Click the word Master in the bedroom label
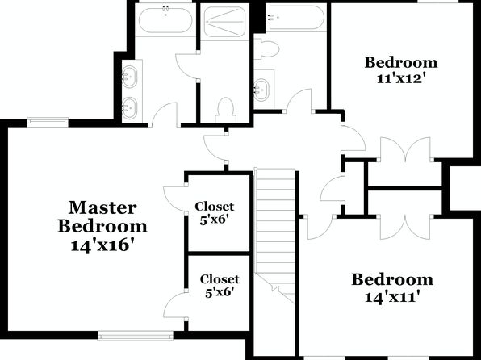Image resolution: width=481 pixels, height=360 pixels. tap(102, 207)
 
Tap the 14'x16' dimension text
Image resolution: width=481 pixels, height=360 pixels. tap(103, 245)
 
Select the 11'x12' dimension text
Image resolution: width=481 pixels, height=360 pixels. tap(401, 78)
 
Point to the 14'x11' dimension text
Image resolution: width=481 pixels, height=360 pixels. tap(392, 297)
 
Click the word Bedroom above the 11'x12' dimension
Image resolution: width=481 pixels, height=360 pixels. tap(401, 63)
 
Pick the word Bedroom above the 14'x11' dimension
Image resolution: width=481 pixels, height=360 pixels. tap(392, 279)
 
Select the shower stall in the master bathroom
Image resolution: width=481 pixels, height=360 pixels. tap(225, 22)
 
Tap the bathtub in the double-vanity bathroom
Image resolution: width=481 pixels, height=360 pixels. tap(165, 19)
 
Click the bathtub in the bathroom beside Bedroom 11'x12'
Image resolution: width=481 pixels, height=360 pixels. tap(296, 17)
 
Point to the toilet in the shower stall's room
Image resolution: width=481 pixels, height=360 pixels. tap(226, 111)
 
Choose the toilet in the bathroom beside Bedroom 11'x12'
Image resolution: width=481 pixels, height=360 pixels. tap(266, 48)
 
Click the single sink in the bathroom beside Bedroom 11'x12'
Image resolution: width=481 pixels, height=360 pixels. tap(262, 90)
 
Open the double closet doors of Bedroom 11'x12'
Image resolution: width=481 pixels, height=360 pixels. tap(405, 149)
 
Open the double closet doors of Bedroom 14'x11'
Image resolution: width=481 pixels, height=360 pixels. tap(405, 228)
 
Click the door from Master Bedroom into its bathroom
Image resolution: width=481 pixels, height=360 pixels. tap(165, 114)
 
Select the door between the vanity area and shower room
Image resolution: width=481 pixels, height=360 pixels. tap(187, 66)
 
